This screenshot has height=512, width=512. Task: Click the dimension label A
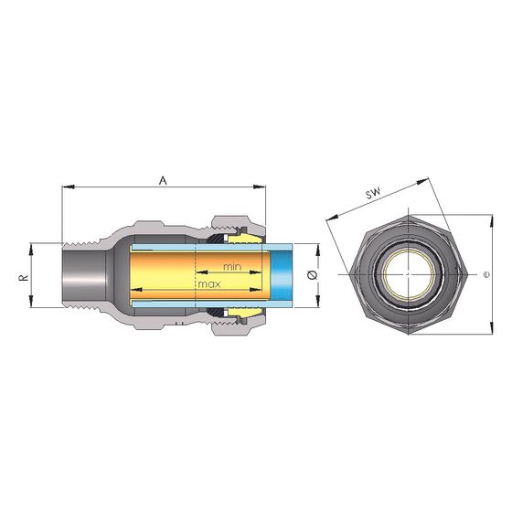pos(163,180)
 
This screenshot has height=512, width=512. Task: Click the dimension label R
pos(24,278)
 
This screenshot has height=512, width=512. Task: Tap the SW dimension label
pos(373,193)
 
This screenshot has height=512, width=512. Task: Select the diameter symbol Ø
pos(313,275)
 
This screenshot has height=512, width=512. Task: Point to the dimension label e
pos(486,275)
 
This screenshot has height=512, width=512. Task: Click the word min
pos(232,267)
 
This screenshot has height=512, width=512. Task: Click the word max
pos(209,284)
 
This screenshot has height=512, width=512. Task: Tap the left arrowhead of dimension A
pos(69,187)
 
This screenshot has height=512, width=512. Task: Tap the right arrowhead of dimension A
pos(260,187)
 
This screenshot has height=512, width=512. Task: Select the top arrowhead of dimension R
pos(31,249)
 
